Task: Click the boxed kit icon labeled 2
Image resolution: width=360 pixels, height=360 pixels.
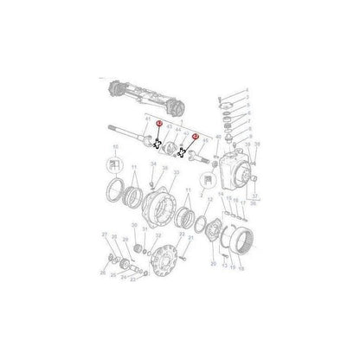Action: tap(206, 181)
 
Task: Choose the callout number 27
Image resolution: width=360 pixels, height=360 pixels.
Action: tap(105, 235)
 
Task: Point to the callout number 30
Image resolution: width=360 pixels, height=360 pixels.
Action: tap(134, 226)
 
